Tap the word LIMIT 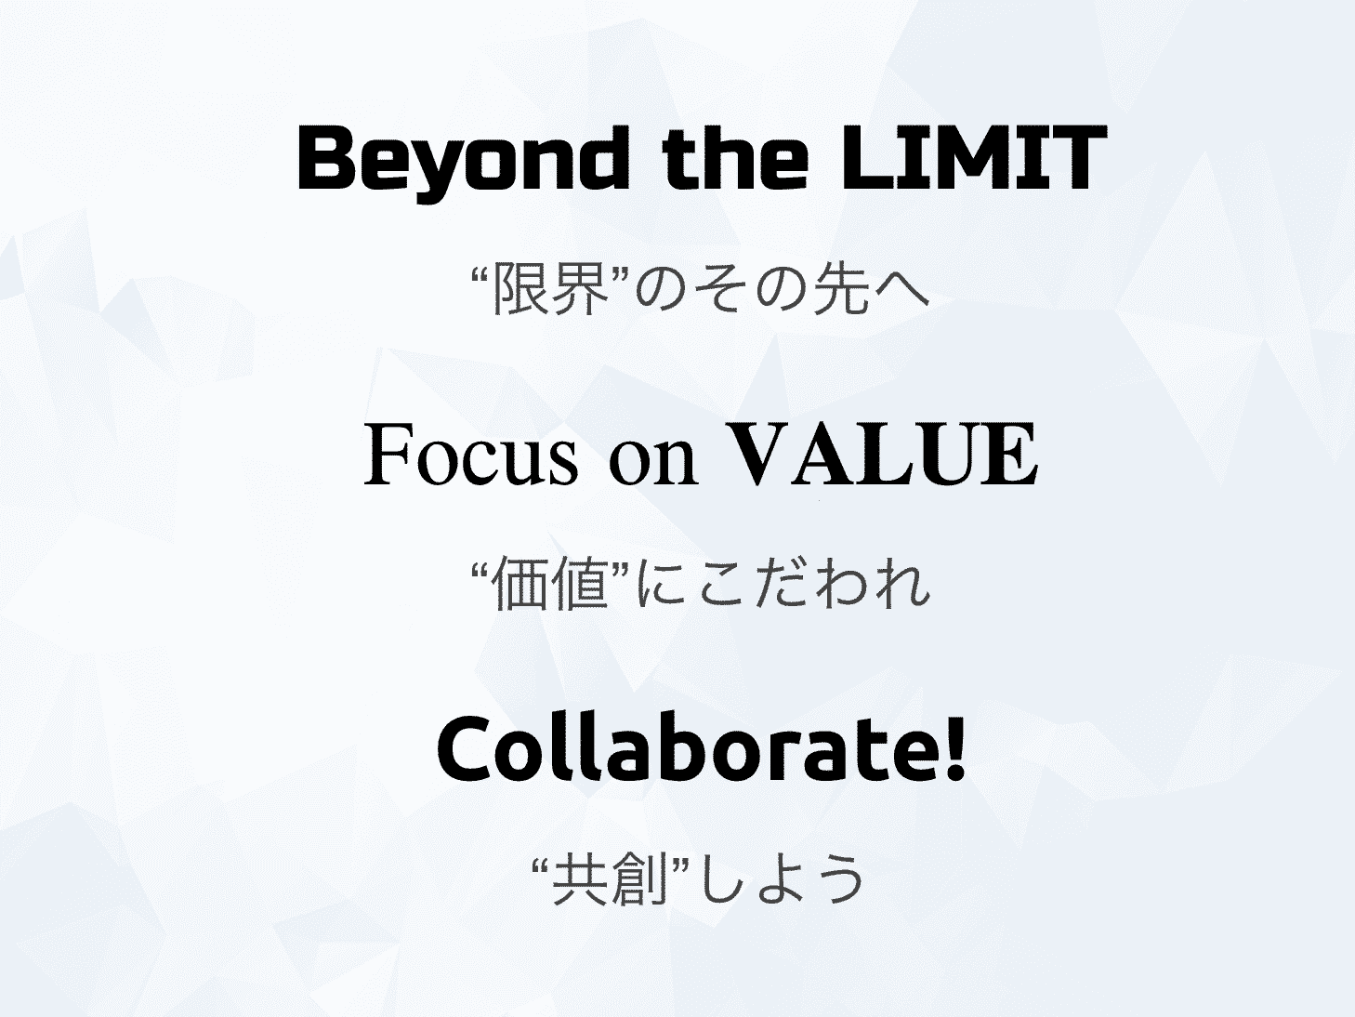tap(973, 157)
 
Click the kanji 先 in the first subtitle tap(842, 288)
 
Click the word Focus tap(471, 456)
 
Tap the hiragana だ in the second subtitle tap(784, 584)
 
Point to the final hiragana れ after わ tap(902, 584)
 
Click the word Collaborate tap(690, 749)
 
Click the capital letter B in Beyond tap(326, 157)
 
